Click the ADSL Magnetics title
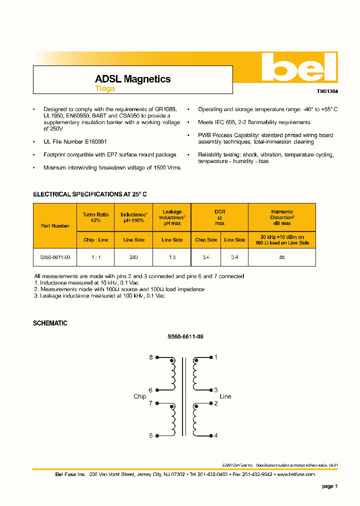132,79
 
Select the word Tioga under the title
105,88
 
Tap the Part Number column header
55,226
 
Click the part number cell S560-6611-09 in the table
55,257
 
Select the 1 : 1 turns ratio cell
95,257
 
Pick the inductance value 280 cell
133,257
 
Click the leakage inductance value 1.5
172,257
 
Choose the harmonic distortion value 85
282,257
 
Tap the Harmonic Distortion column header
282,217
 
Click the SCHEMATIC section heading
50,323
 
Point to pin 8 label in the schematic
151,357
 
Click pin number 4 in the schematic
215,435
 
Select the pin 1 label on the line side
215,357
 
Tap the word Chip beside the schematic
139,396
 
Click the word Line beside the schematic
225,396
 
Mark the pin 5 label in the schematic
151,436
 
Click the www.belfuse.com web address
295,474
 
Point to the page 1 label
330,486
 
